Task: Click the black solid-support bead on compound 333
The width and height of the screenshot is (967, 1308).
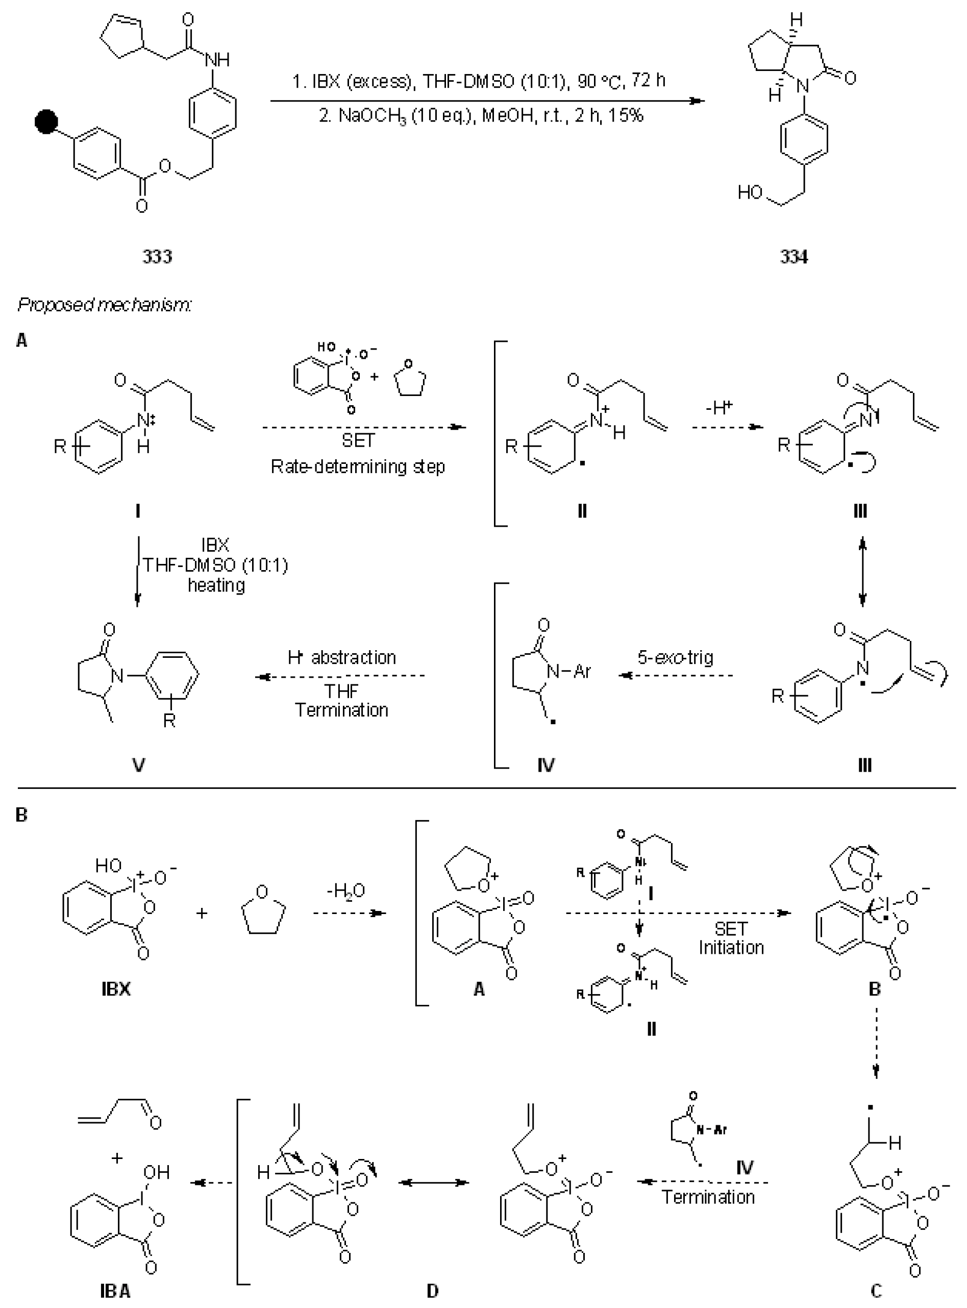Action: (46, 123)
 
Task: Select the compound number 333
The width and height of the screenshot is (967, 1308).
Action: (157, 256)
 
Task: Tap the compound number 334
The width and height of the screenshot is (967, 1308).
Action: (794, 256)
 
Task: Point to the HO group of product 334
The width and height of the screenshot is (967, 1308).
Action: (749, 192)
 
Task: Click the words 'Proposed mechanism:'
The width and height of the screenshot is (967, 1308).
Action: (105, 304)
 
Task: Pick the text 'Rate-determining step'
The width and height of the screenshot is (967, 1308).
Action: (358, 467)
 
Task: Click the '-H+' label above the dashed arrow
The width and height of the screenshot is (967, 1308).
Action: (720, 408)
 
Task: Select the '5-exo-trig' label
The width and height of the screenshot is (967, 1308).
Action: (675, 657)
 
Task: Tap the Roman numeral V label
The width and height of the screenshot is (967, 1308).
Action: (139, 765)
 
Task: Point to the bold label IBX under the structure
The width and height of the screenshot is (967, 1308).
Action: (116, 989)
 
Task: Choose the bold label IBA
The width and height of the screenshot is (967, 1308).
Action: (115, 1291)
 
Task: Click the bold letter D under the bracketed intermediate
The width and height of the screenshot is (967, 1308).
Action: (432, 1291)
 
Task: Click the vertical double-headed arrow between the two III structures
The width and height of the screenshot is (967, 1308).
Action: (862, 573)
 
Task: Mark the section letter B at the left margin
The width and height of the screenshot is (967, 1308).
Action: (21, 815)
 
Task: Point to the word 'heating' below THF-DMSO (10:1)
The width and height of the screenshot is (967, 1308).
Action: (216, 585)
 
